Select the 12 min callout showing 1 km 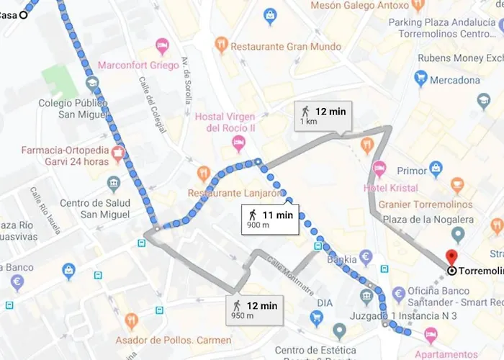323,115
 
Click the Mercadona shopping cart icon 421,79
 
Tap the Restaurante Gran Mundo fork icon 221,45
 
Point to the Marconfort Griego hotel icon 163,48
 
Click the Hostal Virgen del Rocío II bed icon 238,146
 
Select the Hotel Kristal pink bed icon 379,170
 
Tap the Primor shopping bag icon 436,170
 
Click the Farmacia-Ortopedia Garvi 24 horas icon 119,153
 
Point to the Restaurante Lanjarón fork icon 204,174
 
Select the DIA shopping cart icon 316,318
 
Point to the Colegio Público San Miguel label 73,109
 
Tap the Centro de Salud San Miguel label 94,209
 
